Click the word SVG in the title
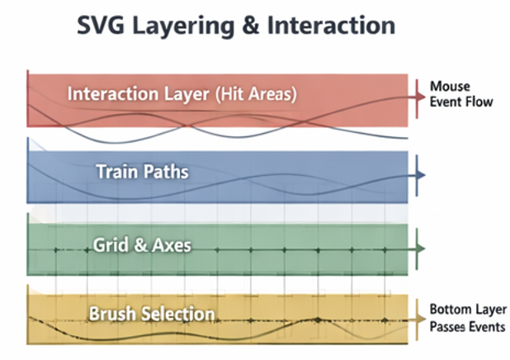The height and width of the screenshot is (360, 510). (x=105, y=26)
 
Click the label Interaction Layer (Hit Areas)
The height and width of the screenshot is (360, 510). (x=182, y=93)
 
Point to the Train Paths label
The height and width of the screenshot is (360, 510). (x=142, y=173)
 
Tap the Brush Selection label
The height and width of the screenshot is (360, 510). (x=152, y=315)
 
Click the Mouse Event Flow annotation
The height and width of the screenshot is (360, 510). (x=460, y=94)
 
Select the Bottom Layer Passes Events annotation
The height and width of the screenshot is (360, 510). (x=464, y=318)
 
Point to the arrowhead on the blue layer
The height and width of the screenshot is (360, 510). (x=420, y=175)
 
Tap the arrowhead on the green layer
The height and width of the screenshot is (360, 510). (x=420, y=248)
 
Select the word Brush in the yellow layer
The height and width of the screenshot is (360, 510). (x=114, y=315)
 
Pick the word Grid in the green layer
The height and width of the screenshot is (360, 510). (x=109, y=244)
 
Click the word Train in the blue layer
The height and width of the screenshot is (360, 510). (x=116, y=173)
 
